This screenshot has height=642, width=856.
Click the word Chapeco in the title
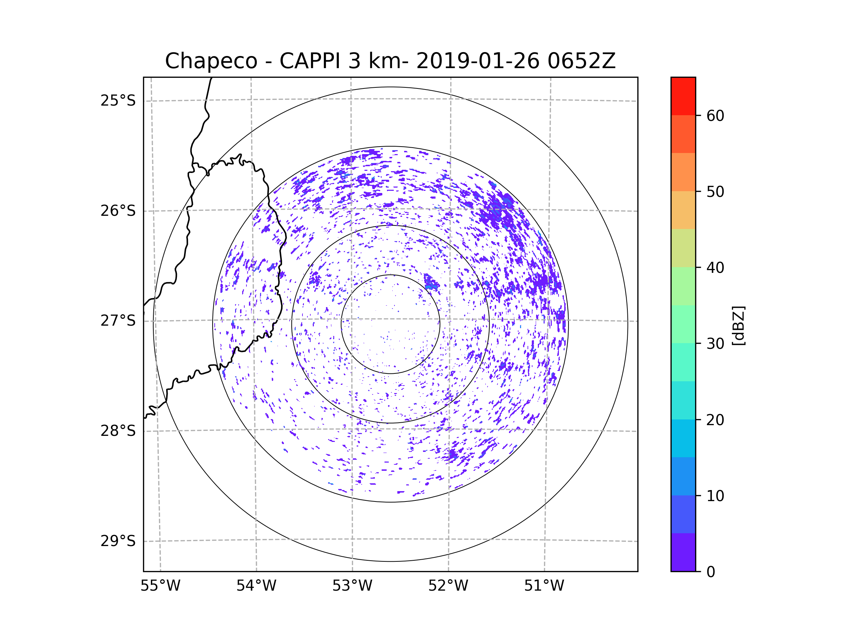(x=211, y=61)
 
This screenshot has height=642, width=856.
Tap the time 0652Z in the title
(x=581, y=61)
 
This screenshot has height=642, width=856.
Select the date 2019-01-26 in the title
(x=478, y=61)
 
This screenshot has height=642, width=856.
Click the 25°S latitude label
(x=118, y=101)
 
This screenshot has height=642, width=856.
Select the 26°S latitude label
(x=118, y=211)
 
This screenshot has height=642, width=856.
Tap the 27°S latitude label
(x=118, y=321)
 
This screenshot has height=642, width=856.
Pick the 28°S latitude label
(x=118, y=431)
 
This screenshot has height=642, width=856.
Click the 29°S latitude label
(x=118, y=541)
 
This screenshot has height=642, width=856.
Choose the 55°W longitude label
(x=160, y=586)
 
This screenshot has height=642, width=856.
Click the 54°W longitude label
(x=256, y=586)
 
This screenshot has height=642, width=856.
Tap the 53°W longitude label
(x=352, y=586)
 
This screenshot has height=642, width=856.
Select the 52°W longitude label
(x=448, y=586)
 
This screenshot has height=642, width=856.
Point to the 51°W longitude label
(x=544, y=586)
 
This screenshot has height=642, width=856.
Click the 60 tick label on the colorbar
(x=715, y=116)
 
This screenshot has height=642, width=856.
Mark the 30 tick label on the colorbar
(x=715, y=343)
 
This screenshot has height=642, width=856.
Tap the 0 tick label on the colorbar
(x=711, y=572)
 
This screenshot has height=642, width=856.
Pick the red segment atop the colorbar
(x=683, y=96)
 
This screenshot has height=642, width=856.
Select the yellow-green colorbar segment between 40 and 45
(x=683, y=248)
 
